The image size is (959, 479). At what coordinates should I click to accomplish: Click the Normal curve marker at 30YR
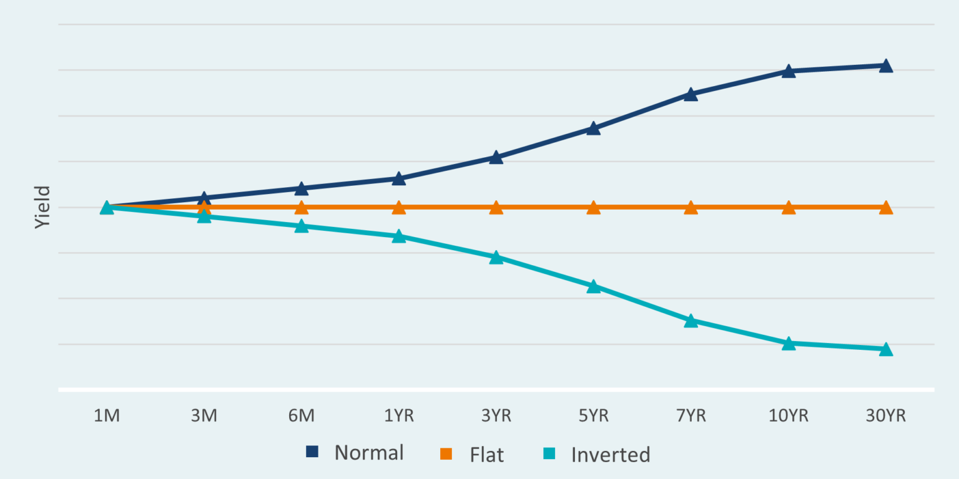(885, 66)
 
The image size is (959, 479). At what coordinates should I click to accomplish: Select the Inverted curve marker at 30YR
(885, 349)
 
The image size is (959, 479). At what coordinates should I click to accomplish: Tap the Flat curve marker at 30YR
(885, 208)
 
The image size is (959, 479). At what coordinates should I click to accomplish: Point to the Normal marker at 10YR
(789, 71)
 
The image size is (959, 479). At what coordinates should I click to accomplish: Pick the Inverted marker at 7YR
(691, 321)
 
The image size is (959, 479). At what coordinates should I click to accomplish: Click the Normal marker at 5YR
(593, 129)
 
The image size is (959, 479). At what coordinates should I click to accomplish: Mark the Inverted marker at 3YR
(496, 258)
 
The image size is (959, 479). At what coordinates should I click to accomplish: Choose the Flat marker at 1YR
(399, 208)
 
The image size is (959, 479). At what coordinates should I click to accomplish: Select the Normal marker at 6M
(302, 188)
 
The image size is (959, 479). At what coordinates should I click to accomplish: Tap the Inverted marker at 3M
(204, 216)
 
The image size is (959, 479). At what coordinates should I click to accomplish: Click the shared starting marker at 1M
(107, 208)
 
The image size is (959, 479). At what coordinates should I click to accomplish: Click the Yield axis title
(41, 208)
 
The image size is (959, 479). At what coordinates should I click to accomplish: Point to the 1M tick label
(107, 416)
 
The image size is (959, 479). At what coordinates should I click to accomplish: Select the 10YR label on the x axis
(789, 416)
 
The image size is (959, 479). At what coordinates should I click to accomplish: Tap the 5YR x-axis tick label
(593, 416)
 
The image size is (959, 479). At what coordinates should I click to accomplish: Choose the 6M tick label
(302, 416)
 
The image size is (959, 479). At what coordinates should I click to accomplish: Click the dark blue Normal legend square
(312, 452)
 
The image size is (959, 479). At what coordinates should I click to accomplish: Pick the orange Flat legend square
(446, 453)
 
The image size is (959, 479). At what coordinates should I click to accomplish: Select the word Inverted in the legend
(611, 454)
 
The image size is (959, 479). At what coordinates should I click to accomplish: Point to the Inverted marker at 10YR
(789, 344)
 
